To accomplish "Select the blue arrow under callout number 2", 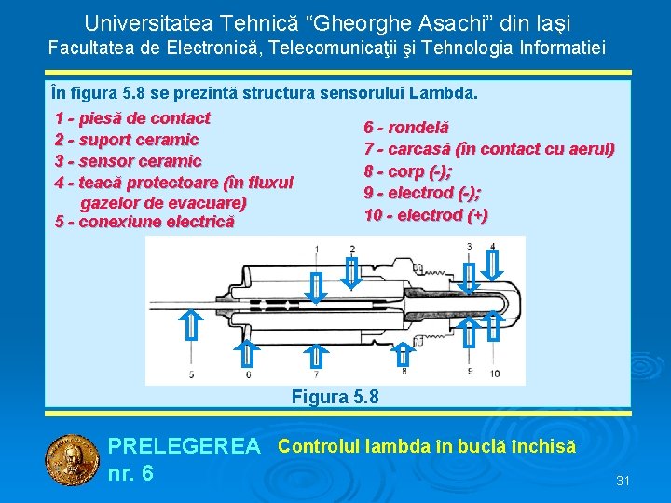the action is (352, 272).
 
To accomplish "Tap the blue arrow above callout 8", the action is (403, 353).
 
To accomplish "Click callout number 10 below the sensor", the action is (494, 374).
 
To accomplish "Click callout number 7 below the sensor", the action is (317, 374).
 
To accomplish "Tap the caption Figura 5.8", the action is (335, 397).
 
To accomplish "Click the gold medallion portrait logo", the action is (72, 461).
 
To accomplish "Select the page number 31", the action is (623, 481).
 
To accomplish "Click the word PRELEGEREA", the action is (184, 448).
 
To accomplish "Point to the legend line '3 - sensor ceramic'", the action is (128, 160).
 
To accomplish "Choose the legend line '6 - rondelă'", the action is (406, 127).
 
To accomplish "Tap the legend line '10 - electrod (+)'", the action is (426, 215).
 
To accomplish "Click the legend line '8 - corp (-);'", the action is (407, 171).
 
